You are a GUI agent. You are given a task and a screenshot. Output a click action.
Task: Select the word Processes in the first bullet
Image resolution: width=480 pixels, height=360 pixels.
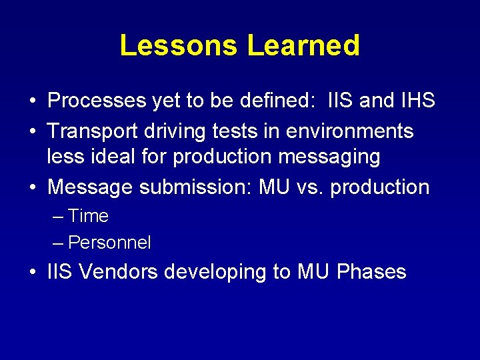97,101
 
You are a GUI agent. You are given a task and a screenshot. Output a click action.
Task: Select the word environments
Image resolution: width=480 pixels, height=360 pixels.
349,131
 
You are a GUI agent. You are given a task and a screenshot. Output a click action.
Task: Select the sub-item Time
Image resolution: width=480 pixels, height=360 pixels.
88,216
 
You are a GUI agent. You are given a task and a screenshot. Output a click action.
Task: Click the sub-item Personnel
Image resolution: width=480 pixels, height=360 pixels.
109,243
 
